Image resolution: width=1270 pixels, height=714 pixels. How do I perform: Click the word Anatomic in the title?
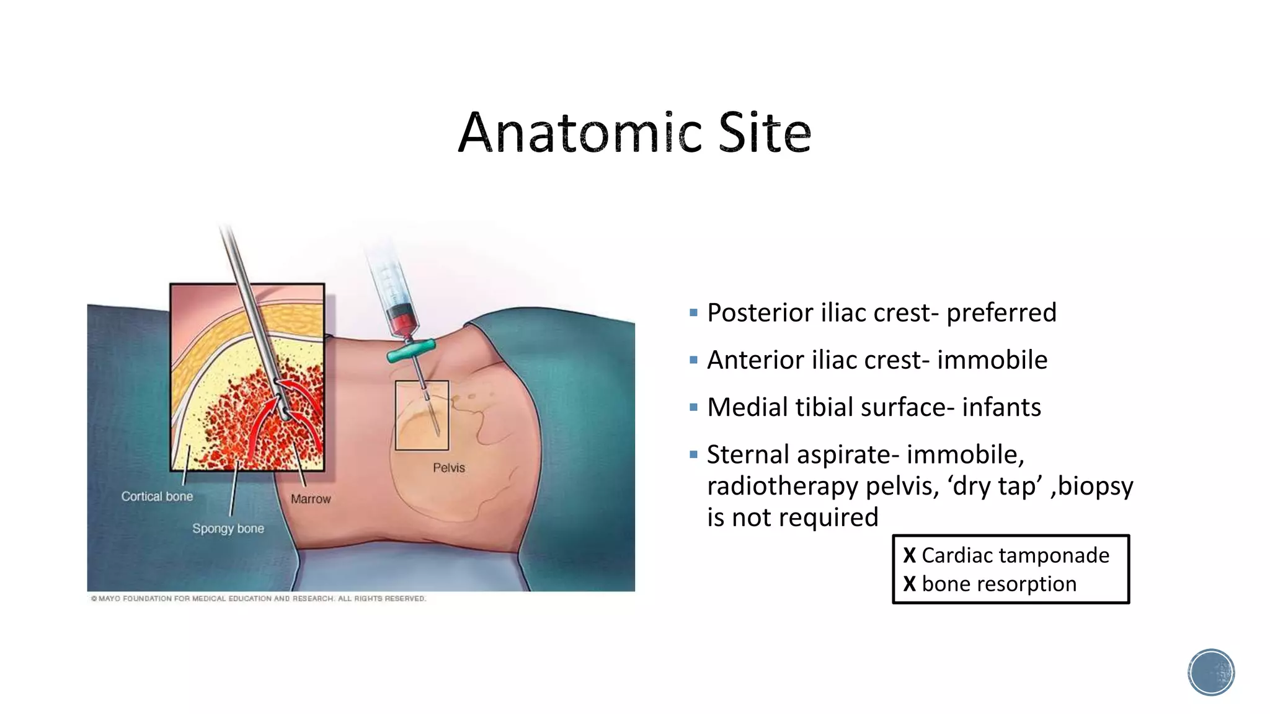pyautogui.click(x=580, y=133)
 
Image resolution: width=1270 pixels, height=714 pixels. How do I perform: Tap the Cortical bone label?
pyautogui.click(x=157, y=496)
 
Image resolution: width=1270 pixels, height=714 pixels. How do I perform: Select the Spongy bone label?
pyautogui.click(x=228, y=529)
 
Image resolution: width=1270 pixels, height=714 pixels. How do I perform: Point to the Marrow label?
pyautogui.click(x=311, y=499)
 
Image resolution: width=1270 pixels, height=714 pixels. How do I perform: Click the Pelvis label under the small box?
pyautogui.click(x=448, y=468)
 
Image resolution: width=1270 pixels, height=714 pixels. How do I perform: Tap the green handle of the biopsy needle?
pyautogui.click(x=411, y=351)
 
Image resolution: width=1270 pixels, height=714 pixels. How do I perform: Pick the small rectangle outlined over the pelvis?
pyautogui.click(x=422, y=415)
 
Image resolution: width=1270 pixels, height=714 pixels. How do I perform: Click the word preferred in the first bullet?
pyautogui.click(x=1001, y=313)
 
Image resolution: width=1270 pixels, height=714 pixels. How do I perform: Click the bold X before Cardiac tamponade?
pyautogui.click(x=909, y=555)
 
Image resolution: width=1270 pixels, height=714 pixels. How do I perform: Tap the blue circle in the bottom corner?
pyautogui.click(x=1211, y=672)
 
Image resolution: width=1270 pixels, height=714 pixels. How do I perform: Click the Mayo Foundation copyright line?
pyautogui.click(x=258, y=599)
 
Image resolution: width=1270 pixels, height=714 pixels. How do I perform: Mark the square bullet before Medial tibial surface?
pyautogui.click(x=693, y=408)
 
